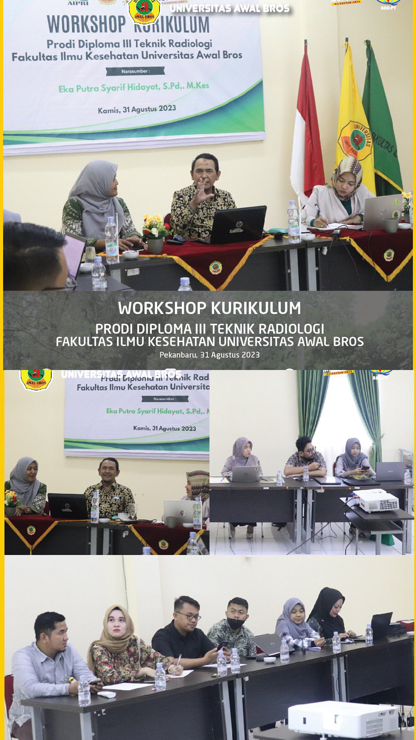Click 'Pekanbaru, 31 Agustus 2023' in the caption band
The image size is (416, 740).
coord(210,355)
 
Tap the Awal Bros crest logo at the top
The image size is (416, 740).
coord(144,10)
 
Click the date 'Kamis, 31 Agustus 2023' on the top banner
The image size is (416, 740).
coord(137,109)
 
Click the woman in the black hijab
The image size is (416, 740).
coord(329,611)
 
